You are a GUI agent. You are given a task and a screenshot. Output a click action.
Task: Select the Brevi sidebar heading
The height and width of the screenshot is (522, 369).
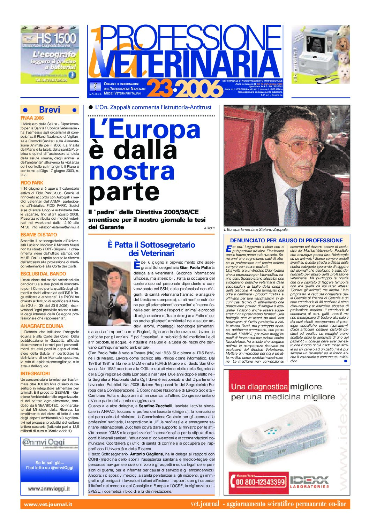tap(50, 110)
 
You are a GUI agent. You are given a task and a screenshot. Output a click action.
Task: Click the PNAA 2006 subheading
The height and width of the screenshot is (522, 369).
tap(32, 118)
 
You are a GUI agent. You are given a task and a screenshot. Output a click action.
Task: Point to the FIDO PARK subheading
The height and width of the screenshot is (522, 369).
tap(32, 183)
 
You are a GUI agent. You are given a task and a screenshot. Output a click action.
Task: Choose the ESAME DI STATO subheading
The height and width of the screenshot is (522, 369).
tap(39, 235)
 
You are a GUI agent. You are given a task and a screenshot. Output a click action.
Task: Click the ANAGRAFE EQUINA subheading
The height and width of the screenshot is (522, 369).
tap(42, 326)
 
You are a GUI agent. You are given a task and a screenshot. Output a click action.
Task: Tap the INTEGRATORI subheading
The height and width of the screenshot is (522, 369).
tap(35, 373)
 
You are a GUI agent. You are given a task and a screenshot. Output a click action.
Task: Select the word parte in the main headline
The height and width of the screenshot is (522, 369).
tap(124, 192)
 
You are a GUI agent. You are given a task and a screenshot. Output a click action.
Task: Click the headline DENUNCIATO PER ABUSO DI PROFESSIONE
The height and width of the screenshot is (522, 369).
tap(286, 240)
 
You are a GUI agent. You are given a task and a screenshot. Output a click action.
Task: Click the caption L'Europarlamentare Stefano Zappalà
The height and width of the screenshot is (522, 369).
tap(256, 229)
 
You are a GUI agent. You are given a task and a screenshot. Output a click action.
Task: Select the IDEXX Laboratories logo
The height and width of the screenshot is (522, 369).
tap(309, 482)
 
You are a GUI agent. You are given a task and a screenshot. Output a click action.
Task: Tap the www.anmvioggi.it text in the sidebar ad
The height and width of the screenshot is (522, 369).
tap(48, 489)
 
